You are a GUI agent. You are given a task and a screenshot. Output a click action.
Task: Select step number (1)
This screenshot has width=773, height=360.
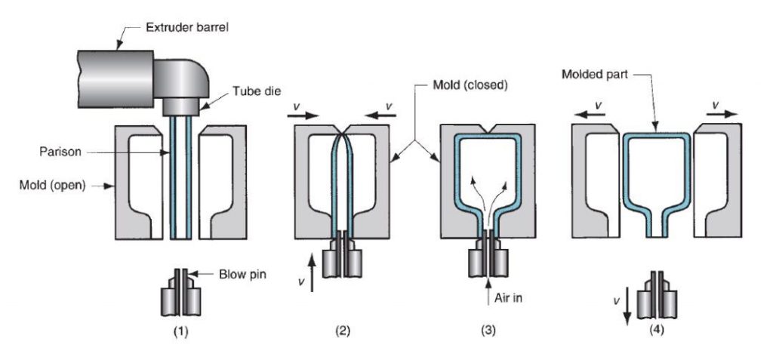(177, 330)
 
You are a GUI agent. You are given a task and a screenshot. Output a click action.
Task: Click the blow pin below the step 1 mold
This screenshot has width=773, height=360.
(179, 293)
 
